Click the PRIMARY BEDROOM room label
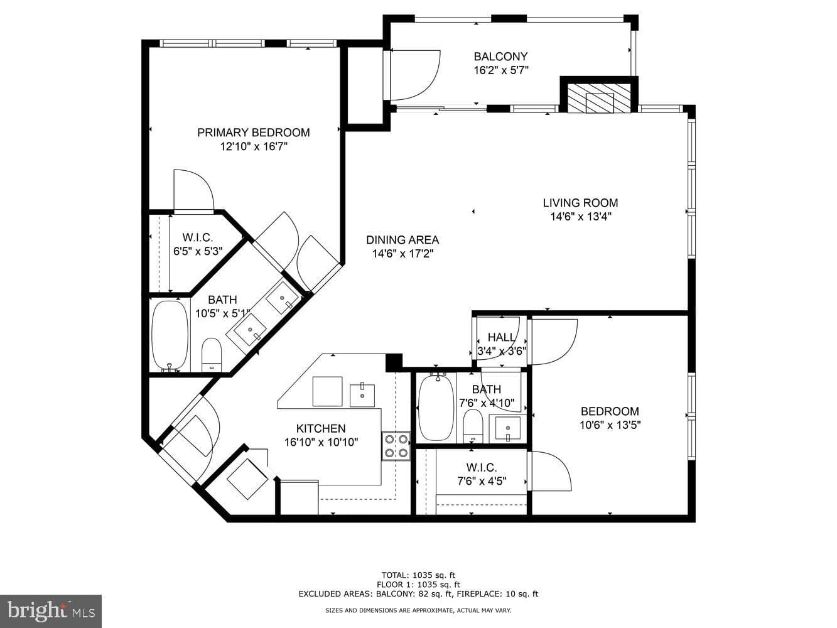click(x=253, y=133)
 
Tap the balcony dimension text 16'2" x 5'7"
click(x=500, y=70)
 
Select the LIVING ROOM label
click(x=580, y=202)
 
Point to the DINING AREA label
click(x=402, y=240)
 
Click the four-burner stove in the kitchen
click(x=396, y=446)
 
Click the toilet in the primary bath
click(x=212, y=355)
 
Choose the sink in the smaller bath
click(x=507, y=429)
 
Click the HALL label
click(x=502, y=337)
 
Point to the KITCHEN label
click(x=321, y=428)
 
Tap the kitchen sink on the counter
click(x=362, y=396)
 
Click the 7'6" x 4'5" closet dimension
click(x=482, y=481)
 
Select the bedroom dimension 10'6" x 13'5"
click(x=610, y=425)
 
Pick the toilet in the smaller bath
click(x=473, y=426)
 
